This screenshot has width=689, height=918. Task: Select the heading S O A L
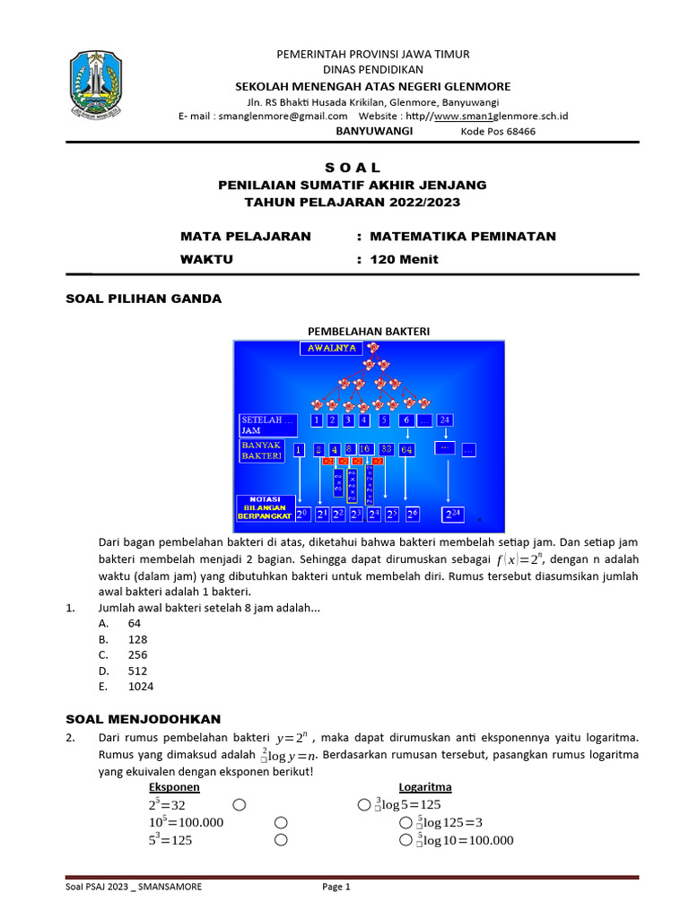[x=352, y=168]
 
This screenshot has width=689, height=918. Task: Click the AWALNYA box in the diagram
[x=332, y=348]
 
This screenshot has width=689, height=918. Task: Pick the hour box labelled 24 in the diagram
[x=445, y=420]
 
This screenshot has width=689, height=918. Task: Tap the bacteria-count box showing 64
[x=406, y=449]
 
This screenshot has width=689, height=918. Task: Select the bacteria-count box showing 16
[x=365, y=449]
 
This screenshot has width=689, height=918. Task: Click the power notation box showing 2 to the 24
[x=454, y=515]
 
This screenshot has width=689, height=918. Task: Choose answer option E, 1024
[x=141, y=687]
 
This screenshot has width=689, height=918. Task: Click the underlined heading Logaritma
[x=425, y=787]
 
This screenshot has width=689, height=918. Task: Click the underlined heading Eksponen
[x=174, y=787]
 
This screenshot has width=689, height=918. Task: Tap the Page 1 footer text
[x=336, y=887]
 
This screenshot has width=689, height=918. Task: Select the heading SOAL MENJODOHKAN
[x=144, y=719]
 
